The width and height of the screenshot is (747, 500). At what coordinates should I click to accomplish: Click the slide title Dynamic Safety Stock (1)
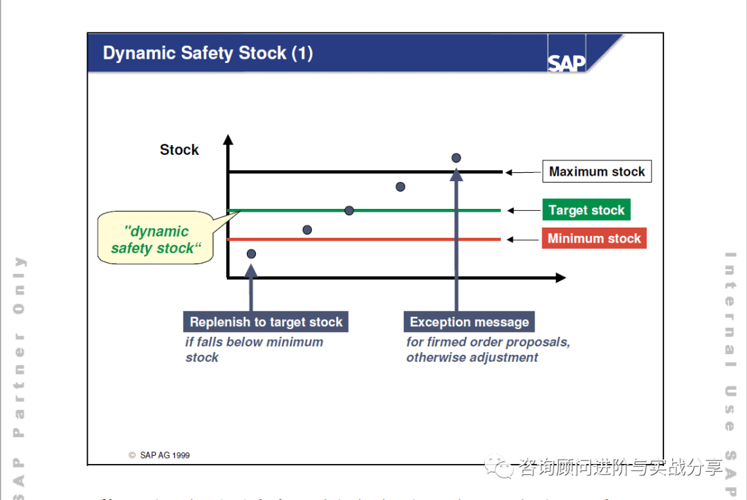click(x=207, y=53)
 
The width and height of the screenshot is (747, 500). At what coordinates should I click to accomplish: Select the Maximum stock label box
click(x=597, y=172)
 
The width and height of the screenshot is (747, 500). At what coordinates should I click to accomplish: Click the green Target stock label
click(x=586, y=210)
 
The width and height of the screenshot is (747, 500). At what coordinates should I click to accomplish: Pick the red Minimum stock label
click(x=594, y=239)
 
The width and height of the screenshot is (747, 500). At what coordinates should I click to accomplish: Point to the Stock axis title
click(x=179, y=150)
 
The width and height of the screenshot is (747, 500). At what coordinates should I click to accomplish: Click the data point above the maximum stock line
click(x=456, y=158)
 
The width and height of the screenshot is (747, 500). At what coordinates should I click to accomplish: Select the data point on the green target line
click(x=349, y=210)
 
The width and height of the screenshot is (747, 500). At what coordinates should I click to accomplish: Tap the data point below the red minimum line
click(x=251, y=254)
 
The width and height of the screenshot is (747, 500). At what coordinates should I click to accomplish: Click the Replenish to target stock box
click(x=266, y=322)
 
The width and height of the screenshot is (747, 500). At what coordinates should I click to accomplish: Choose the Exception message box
click(x=469, y=322)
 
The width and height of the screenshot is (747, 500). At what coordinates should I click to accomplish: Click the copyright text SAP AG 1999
click(x=160, y=455)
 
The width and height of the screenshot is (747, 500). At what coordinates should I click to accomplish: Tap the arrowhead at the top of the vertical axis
click(x=228, y=141)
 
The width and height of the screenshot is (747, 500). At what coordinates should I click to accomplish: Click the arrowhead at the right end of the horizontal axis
click(x=560, y=278)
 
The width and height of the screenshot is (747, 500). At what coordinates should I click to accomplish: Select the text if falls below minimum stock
click(x=254, y=349)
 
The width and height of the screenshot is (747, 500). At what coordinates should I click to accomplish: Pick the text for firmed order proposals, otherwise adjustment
click(x=488, y=349)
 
